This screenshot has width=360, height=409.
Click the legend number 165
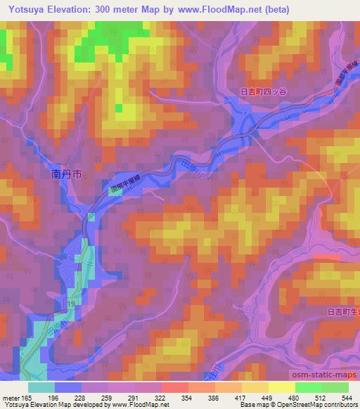26,397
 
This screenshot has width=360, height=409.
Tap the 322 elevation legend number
161,397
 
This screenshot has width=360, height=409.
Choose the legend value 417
241,397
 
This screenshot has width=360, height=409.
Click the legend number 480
295,397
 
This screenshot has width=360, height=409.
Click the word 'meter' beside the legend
11,397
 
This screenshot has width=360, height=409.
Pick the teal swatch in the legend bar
41,387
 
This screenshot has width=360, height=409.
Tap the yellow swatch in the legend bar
281,387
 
